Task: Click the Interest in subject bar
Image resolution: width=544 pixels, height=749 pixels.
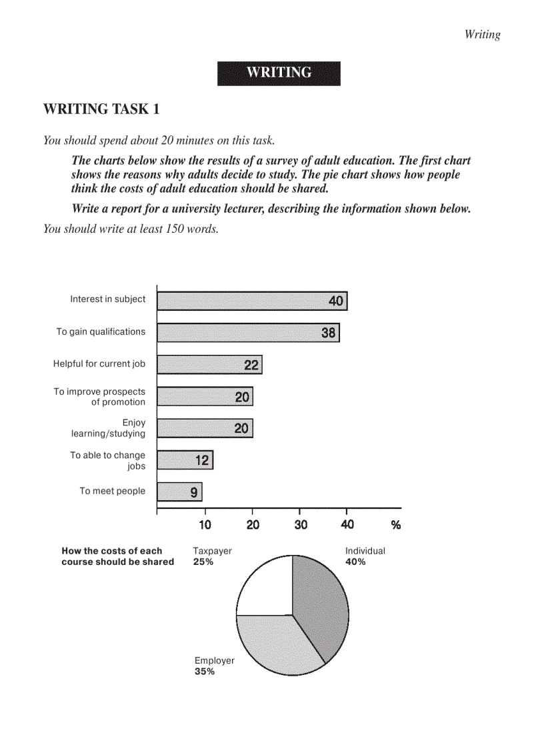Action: coord(252,301)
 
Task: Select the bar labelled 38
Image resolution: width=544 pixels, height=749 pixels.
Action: coord(248,332)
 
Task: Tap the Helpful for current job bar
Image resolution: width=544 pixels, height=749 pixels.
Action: coord(209,364)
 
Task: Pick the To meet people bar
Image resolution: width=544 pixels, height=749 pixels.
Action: coord(179,492)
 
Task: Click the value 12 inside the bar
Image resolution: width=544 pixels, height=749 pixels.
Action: coord(202,460)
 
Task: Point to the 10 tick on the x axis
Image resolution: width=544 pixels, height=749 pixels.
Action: coord(205,524)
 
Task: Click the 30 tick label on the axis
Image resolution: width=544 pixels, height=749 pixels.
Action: coord(301,524)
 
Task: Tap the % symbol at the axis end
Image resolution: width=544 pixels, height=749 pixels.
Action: coord(396,525)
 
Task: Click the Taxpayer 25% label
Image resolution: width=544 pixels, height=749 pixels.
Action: coord(212,556)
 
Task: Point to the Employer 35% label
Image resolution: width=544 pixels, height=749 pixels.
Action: coord(214,666)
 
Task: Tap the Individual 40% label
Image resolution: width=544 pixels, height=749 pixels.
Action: coord(365,556)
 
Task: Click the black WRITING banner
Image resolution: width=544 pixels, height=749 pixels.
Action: coord(279,73)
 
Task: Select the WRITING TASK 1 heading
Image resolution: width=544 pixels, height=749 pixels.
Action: coord(101,109)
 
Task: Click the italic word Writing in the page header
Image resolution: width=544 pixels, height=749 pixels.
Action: coord(482,35)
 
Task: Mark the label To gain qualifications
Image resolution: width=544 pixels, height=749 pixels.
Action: coord(101,331)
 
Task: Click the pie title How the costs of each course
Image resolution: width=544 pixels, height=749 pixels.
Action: coord(117,556)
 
